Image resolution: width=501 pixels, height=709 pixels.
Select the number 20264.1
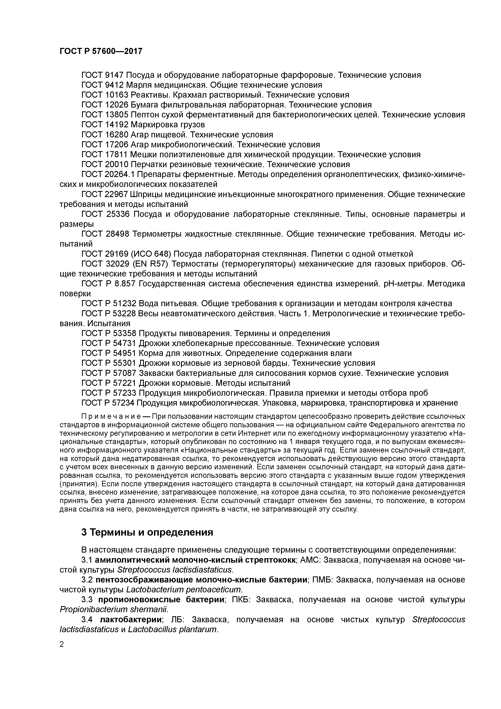point(120,174)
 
